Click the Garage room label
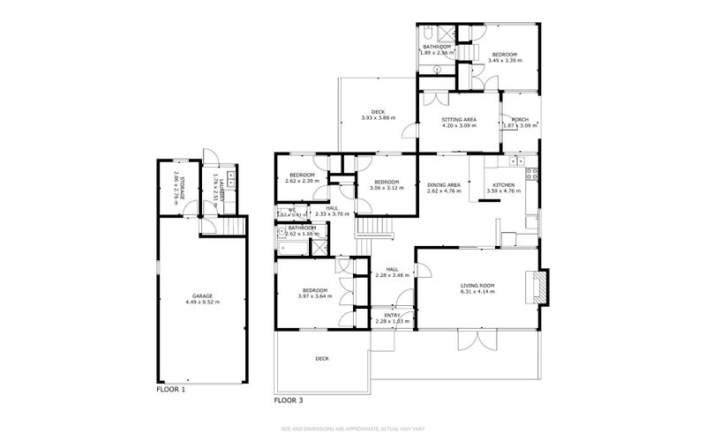point(202,296)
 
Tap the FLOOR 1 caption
point(171,389)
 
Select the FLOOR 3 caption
point(289,400)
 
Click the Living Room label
point(477,285)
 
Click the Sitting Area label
point(459,119)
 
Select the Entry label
point(393,315)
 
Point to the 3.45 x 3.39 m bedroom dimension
point(507,61)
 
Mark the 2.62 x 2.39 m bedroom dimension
point(302,181)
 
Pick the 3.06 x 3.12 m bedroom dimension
point(387,188)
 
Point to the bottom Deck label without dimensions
point(322,358)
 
